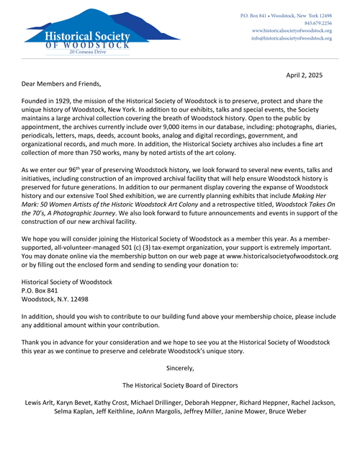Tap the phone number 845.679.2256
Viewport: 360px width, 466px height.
click(x=315, y=22)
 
